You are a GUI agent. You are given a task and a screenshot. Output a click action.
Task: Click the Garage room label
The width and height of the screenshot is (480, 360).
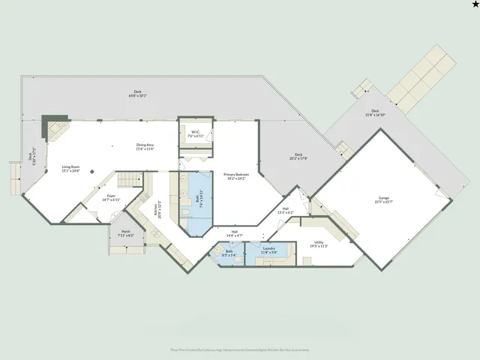tap(384, 199)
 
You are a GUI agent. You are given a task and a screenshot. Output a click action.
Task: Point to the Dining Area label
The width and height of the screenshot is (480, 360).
tap(145, 146)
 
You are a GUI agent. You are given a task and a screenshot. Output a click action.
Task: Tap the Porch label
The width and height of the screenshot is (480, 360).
tap(125, 233)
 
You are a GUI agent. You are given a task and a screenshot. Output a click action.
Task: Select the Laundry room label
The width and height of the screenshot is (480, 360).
tap(268, 250)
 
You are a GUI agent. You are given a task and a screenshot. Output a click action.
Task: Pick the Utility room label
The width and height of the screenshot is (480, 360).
tap(319, 244)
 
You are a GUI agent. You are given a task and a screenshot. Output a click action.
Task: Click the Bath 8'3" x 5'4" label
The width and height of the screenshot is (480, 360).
tap(229, 253)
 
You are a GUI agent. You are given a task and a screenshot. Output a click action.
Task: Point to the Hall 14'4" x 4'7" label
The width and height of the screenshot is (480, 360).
tap(234, 233)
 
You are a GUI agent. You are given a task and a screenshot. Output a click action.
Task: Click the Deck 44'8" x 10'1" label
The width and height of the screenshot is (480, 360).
tap(137, 94)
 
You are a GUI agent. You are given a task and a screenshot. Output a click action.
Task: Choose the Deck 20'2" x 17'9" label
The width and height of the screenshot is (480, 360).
tap(298, 156)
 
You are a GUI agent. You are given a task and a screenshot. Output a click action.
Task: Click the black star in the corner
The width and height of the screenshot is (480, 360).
tap(474, 5)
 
